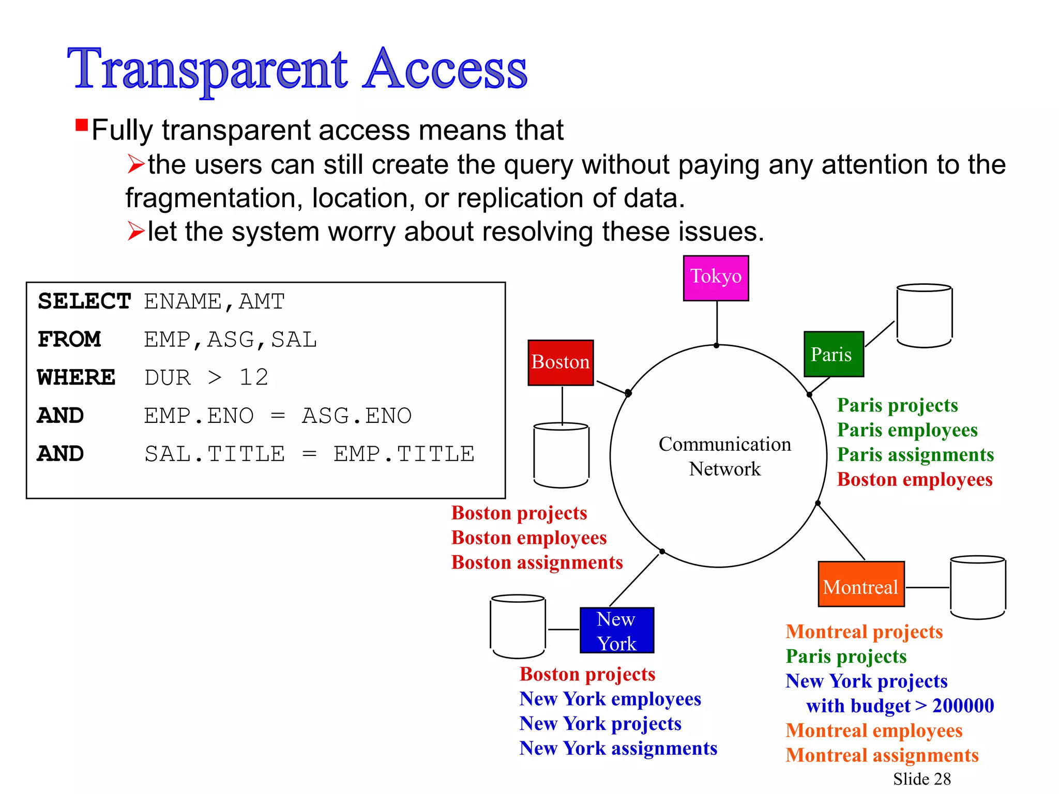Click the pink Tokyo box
pos(716,278)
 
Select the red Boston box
pos(561,362)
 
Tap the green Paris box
pos(834,354)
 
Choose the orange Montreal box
pos(861,584)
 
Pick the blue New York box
pos(617,630)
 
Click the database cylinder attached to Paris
pos(924,316)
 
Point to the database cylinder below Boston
pos(561,455)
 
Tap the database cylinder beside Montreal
pos(978,587)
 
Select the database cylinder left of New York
pos(518,627)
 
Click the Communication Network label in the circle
pos(724,456)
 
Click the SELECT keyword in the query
pos(84,301)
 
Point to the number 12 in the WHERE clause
pos(253,377)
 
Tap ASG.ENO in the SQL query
pos(357,416)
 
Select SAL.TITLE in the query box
pos(215,454)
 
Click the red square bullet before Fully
pos(82,125)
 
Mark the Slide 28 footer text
pos(921,778)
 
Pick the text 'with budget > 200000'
pos(900,706)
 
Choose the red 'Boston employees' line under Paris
pos(915,479)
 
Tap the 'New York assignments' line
pos(618,748)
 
